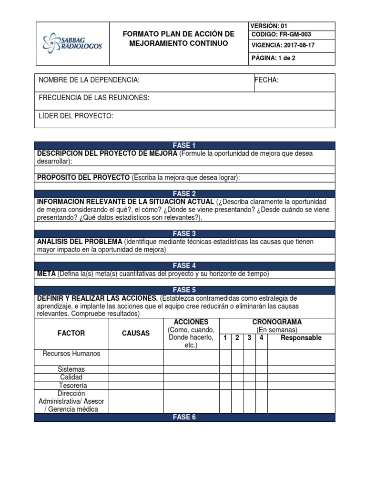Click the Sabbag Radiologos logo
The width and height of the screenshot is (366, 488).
(x=72, y=42)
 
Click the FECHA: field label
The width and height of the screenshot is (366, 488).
(x=267, y=80)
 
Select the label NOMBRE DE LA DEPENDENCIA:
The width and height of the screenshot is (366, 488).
(x=89, y=80)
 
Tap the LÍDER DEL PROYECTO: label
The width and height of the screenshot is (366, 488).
(x=76, y=116)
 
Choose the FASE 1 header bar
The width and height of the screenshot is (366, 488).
(x=184, y=145)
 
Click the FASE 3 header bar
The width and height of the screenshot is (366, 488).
(x=184, y=234)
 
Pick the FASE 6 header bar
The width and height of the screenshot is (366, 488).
(x=184, y=417)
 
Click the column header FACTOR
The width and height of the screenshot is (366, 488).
(x=71, y=333)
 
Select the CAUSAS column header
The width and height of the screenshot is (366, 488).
(x=136, y=333)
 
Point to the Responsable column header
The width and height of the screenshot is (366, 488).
(x=301, y=338)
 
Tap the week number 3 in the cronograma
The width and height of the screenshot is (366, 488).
(x=249, y=338)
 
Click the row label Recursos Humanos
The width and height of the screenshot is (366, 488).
(x=71, y=354)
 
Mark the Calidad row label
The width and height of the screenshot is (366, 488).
(x=71, y=377)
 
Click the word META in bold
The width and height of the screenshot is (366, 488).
(x=46, y=274)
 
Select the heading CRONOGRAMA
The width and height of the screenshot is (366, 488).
(x=277, y=322)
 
